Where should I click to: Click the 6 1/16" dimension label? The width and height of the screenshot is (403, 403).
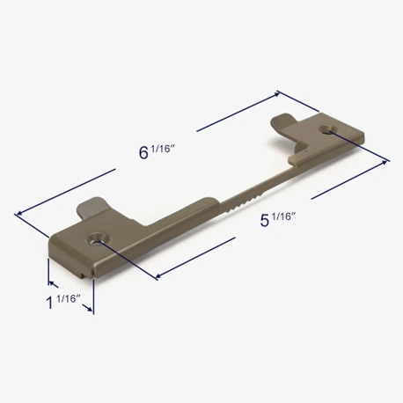point(157,152)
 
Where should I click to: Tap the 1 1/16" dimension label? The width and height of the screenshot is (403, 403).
point(63,302)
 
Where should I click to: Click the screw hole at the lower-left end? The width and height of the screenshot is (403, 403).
point(99,238)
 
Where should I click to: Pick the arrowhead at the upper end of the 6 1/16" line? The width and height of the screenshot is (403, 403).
point(276,94)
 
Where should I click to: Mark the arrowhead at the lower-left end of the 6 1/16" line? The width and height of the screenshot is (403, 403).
point(19,213)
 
